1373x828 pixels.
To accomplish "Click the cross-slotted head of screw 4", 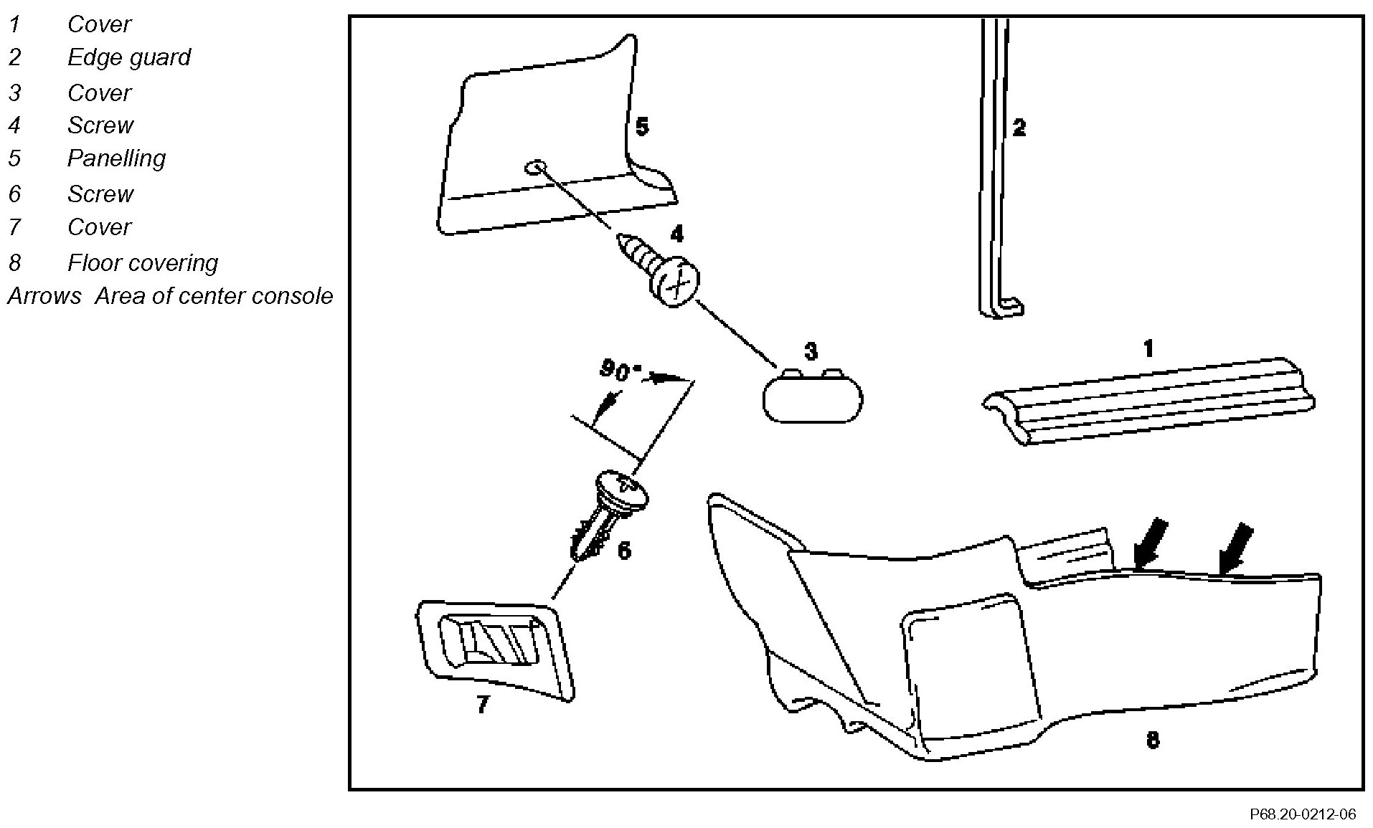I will point(676,282).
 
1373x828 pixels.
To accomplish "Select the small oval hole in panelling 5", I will point(534,167).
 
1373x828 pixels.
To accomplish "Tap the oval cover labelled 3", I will point(812,397).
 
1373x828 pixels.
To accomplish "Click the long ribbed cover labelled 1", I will point(1148,402).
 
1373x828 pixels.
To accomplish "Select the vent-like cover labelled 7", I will point(495,644).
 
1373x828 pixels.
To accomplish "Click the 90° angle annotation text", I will point(615,370).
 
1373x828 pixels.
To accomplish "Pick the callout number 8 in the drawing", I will point(1152,740).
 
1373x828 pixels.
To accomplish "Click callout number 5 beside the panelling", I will point(642,128).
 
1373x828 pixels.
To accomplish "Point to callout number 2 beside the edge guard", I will point(1019,128).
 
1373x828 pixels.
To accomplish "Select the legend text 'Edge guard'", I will point(129,57).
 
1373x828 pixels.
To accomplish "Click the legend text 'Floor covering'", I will point(143,263).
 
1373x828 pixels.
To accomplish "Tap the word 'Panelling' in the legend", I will point(116,158).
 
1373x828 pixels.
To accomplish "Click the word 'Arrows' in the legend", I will point(44,296).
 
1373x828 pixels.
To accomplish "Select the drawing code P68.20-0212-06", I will point(1303,814).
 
